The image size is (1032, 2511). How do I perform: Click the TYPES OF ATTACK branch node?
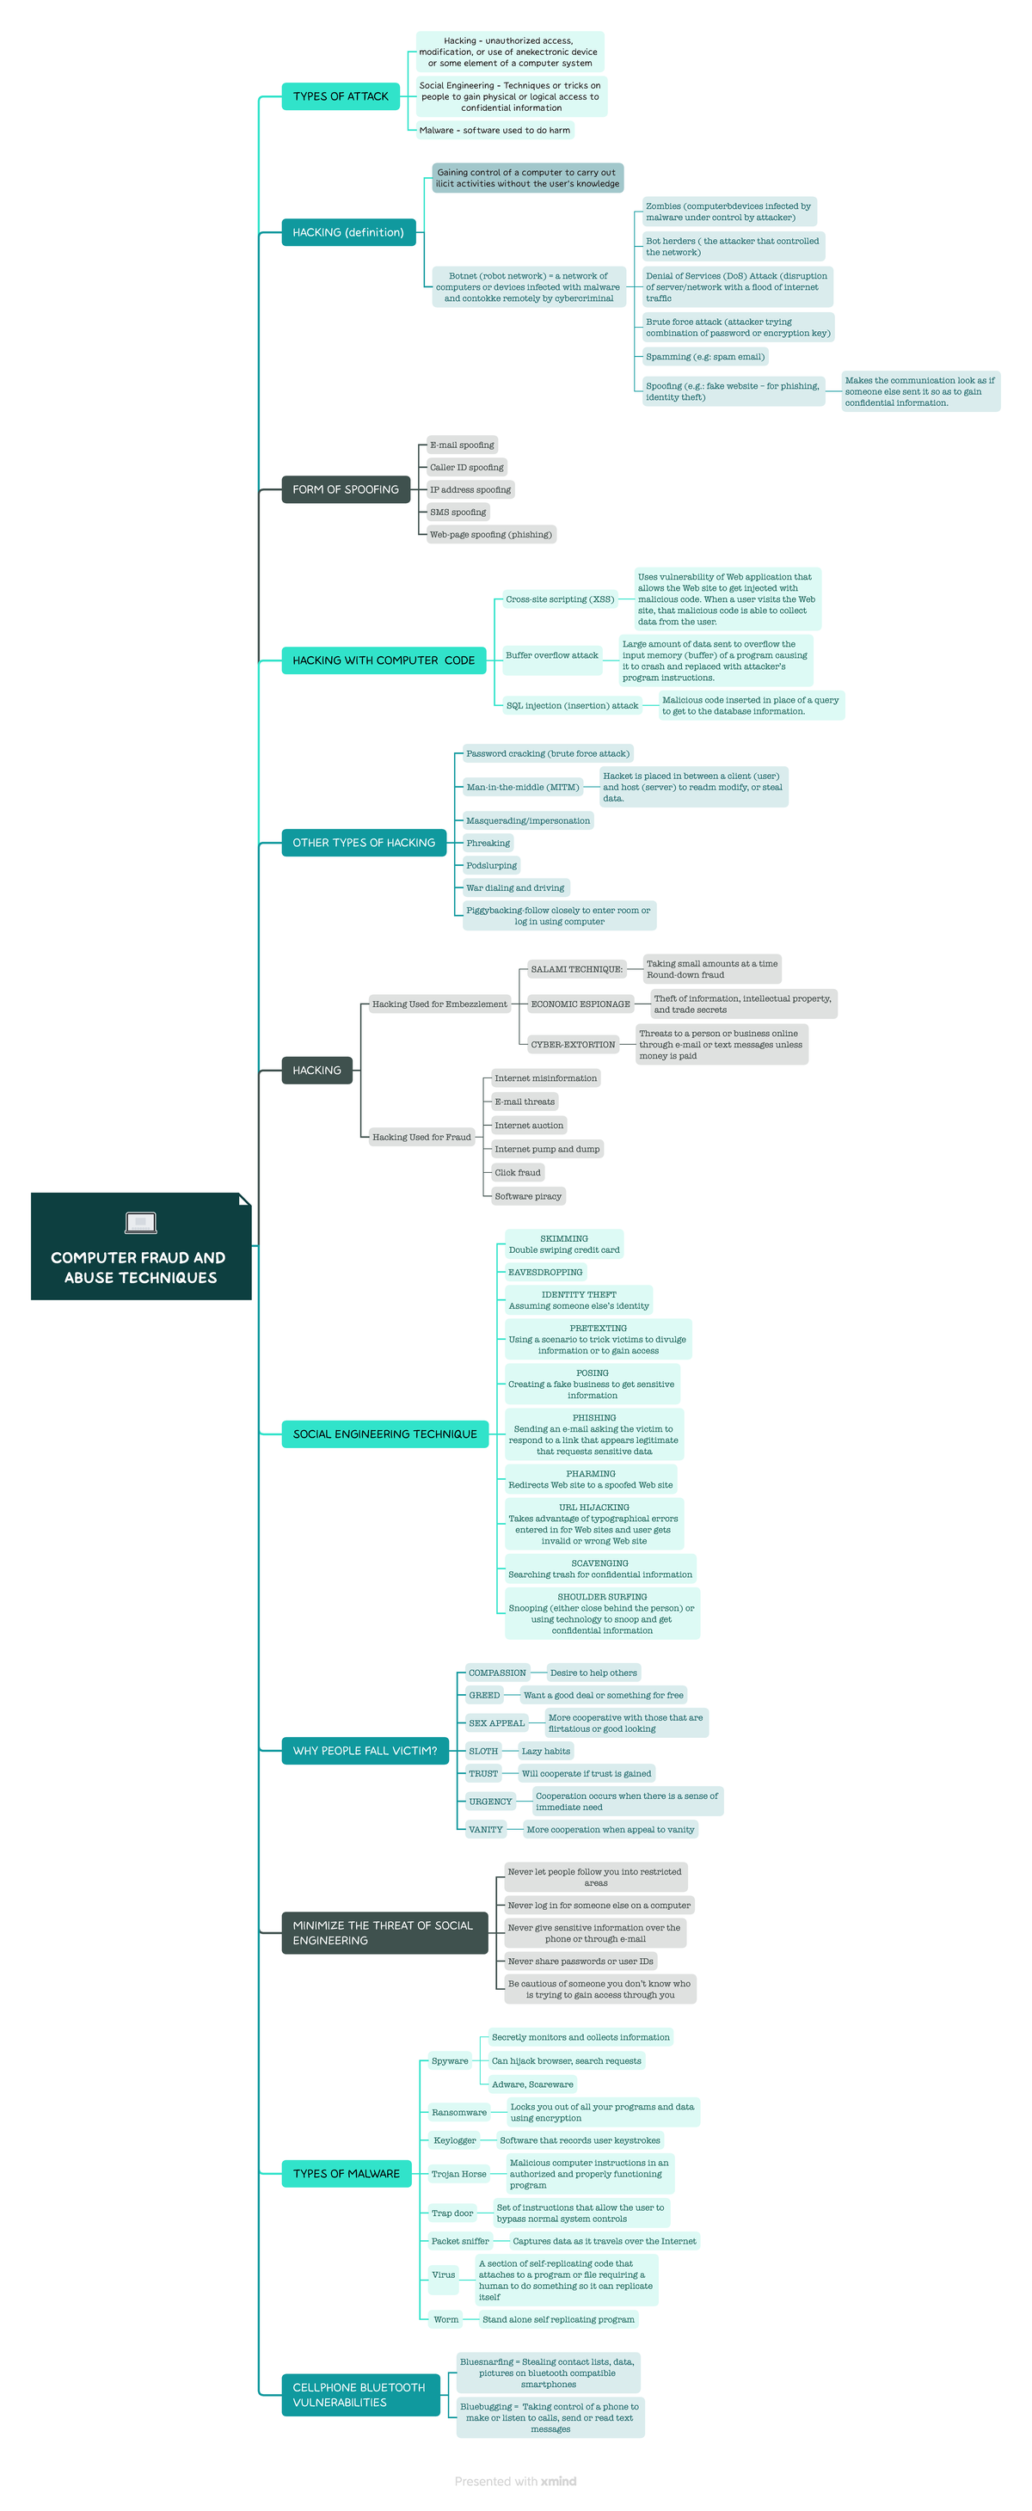(340, 96)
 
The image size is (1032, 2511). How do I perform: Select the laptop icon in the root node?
(141, 1221)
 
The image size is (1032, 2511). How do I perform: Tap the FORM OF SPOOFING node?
(345, 489)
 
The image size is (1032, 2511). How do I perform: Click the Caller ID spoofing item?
(467, 468)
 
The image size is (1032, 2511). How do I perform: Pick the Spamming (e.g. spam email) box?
(704, 357)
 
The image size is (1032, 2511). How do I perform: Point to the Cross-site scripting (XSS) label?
(559, 599)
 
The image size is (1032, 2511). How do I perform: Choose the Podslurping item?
(491, 866)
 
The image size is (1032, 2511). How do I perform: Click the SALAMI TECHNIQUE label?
(576, 969)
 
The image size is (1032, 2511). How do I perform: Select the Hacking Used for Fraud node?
(421, 1137)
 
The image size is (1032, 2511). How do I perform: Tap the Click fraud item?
(517, 1173)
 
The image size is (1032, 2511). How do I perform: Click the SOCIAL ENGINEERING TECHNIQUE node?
(385, 1434)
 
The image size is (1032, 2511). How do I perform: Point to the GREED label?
(484, 1695)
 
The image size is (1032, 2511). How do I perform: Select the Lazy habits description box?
(546, 1752)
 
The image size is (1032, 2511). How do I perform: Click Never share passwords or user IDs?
(580, 1962)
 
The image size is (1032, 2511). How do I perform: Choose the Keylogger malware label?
(455, 2140)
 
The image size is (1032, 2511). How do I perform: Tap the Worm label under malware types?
(445, 2319)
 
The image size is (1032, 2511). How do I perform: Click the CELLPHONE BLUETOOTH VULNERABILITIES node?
(359, 2394)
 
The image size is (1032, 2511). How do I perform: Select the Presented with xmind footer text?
(515, 2481)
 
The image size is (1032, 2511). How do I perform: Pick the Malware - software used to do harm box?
(494, 131)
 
